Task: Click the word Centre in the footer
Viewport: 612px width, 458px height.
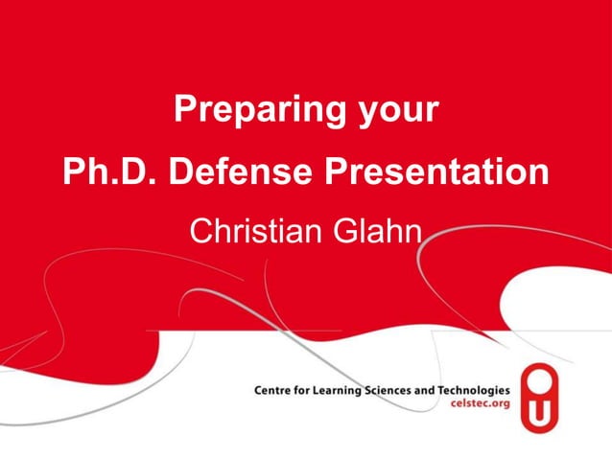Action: [273, 391]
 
